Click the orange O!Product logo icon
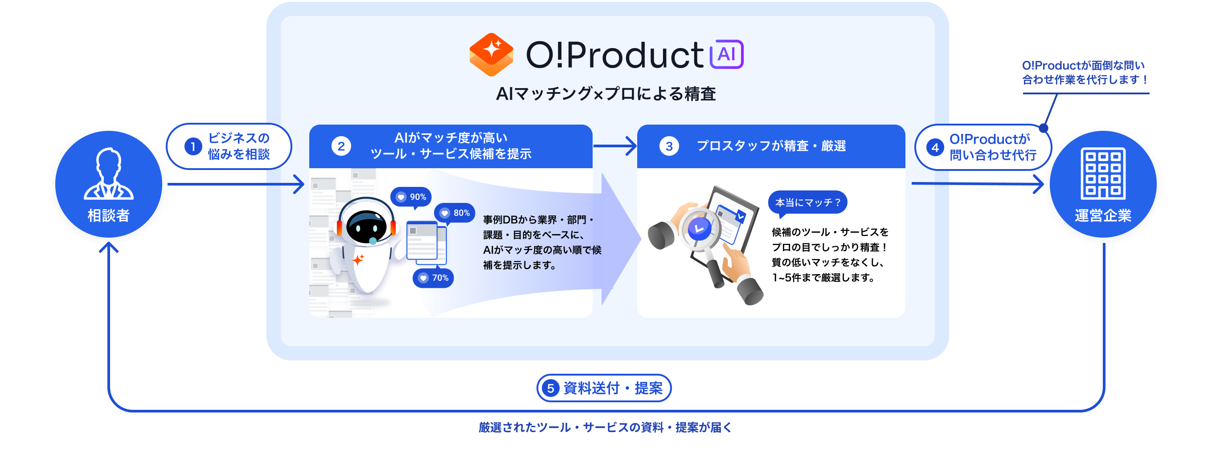[491, 54]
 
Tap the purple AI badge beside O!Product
[726, 55]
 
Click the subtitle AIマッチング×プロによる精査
[606, 94]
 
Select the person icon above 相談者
[109, 174]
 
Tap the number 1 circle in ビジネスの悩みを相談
[193, 147]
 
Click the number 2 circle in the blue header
[341, 146]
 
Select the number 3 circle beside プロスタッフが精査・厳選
[668, 146]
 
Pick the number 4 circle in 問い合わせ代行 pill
[935, 148]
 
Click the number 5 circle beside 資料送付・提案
[550, 388]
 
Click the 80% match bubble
[454, 213]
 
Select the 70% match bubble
[433, 278]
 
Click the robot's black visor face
[366, 226]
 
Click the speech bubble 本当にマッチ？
[807, 202]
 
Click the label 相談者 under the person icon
[109, 215]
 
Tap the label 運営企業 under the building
[1103, 215]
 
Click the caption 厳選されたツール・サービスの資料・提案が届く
[606, 427]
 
